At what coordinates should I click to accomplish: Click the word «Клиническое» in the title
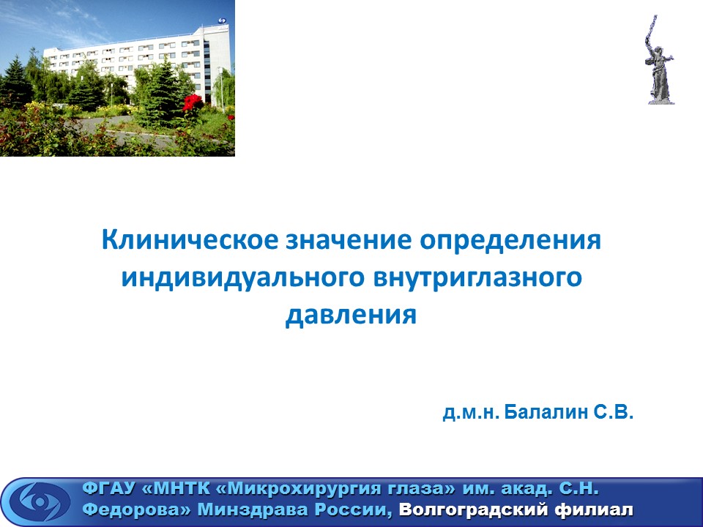pos(190,240)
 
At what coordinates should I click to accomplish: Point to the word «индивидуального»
pos(242,279)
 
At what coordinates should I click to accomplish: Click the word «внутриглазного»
pos(477,279)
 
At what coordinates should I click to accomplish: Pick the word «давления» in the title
pos(351,315)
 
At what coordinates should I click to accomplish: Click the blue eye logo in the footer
pos(40,501)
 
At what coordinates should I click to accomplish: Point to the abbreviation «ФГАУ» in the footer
pos(108,488)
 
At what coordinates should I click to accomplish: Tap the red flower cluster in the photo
pos(193,102)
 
